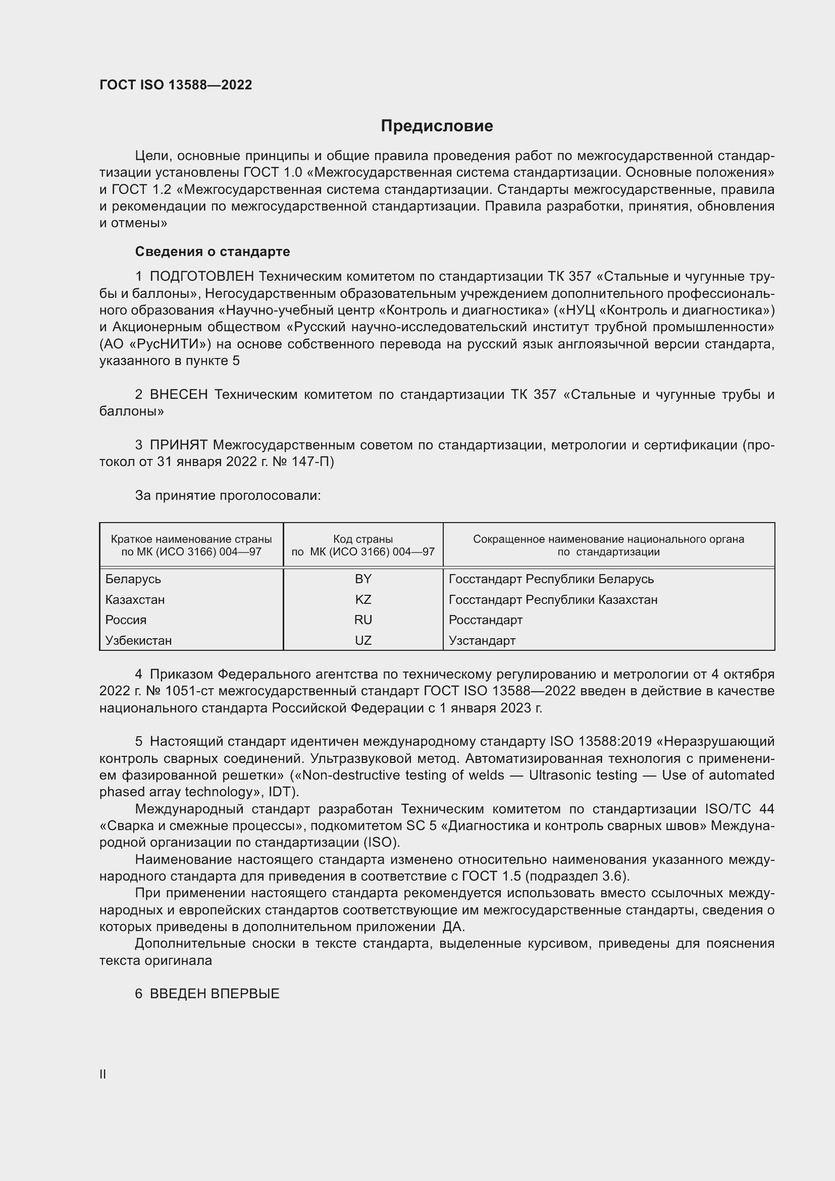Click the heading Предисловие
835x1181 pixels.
click(437, 126)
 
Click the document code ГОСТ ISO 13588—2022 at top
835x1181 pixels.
click(176, 85)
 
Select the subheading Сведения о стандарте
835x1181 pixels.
click(213, 251)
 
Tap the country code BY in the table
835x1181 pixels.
click(363, 579)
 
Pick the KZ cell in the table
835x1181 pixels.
click(363, 600)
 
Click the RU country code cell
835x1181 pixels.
click(363, 620)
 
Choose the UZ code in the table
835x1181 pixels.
click(363, 640)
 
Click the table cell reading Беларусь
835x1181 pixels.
click(133, 579)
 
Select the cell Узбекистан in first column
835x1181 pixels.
click(138, 640)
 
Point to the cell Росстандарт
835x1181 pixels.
click(485, 620)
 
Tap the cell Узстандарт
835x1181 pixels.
click(482, 640)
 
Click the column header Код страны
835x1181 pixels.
click(363, 539)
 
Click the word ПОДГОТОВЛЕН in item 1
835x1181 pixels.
click(202, 277)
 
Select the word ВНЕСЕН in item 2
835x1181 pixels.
click(178, 394)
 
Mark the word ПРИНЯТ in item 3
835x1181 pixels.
click(178, 445)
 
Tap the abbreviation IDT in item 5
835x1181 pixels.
click(280, 792)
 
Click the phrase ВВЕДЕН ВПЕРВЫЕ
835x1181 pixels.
click(215, 994)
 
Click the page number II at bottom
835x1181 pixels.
click(103, 1074)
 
